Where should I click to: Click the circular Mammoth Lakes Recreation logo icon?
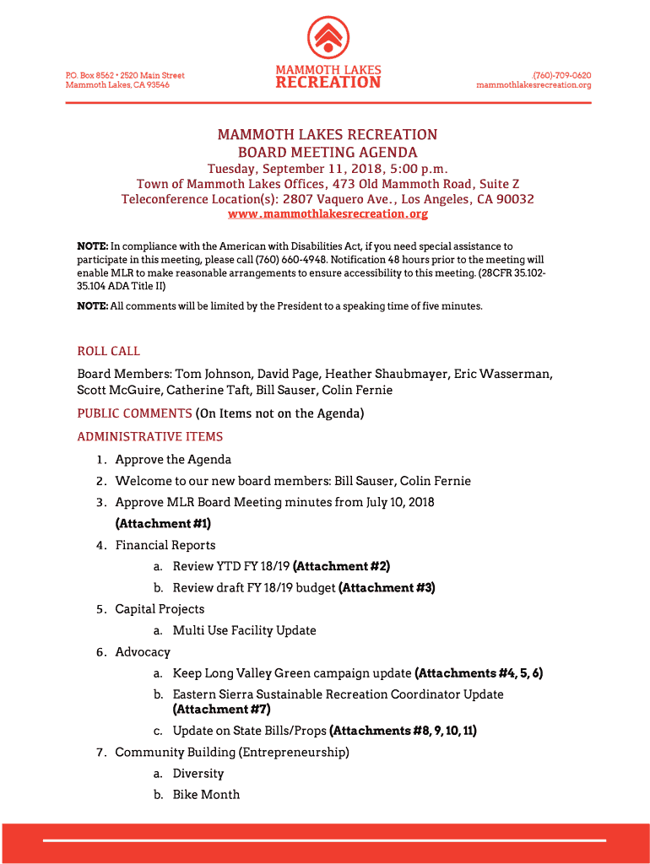pyautogui.click(x=328, y=37)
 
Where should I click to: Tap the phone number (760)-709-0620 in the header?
pyautogui.click(x=561, y=75)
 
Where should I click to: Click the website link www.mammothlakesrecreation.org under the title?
pyautogui.click(x=328, y=214)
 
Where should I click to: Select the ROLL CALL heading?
pyautogui.click(x=109, y=351)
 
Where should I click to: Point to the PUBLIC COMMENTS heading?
pyautogui.click(x=135, y=413)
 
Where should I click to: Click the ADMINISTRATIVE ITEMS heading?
pyautogui.click(x=150, y=436)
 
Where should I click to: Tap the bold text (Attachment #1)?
pyautogui.click(x=163, y=523)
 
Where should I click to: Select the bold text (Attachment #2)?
pyautogui.click(x=341, y=566)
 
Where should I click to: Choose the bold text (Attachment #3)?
pyautogui.click(x=387, y=587)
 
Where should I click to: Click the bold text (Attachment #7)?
pyautogui.click(x=221, y=709)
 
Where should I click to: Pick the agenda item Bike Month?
pyautogui.click(x=206, y=794)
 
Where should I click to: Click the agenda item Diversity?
pyautogui.click(x=198, y=773)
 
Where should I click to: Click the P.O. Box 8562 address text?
pyautogui.click(x=89, y=75)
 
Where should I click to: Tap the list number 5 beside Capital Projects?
pyautogui.click(x=100, y=609)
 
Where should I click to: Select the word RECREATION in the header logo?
pyautogui.click(x=328, y=83)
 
